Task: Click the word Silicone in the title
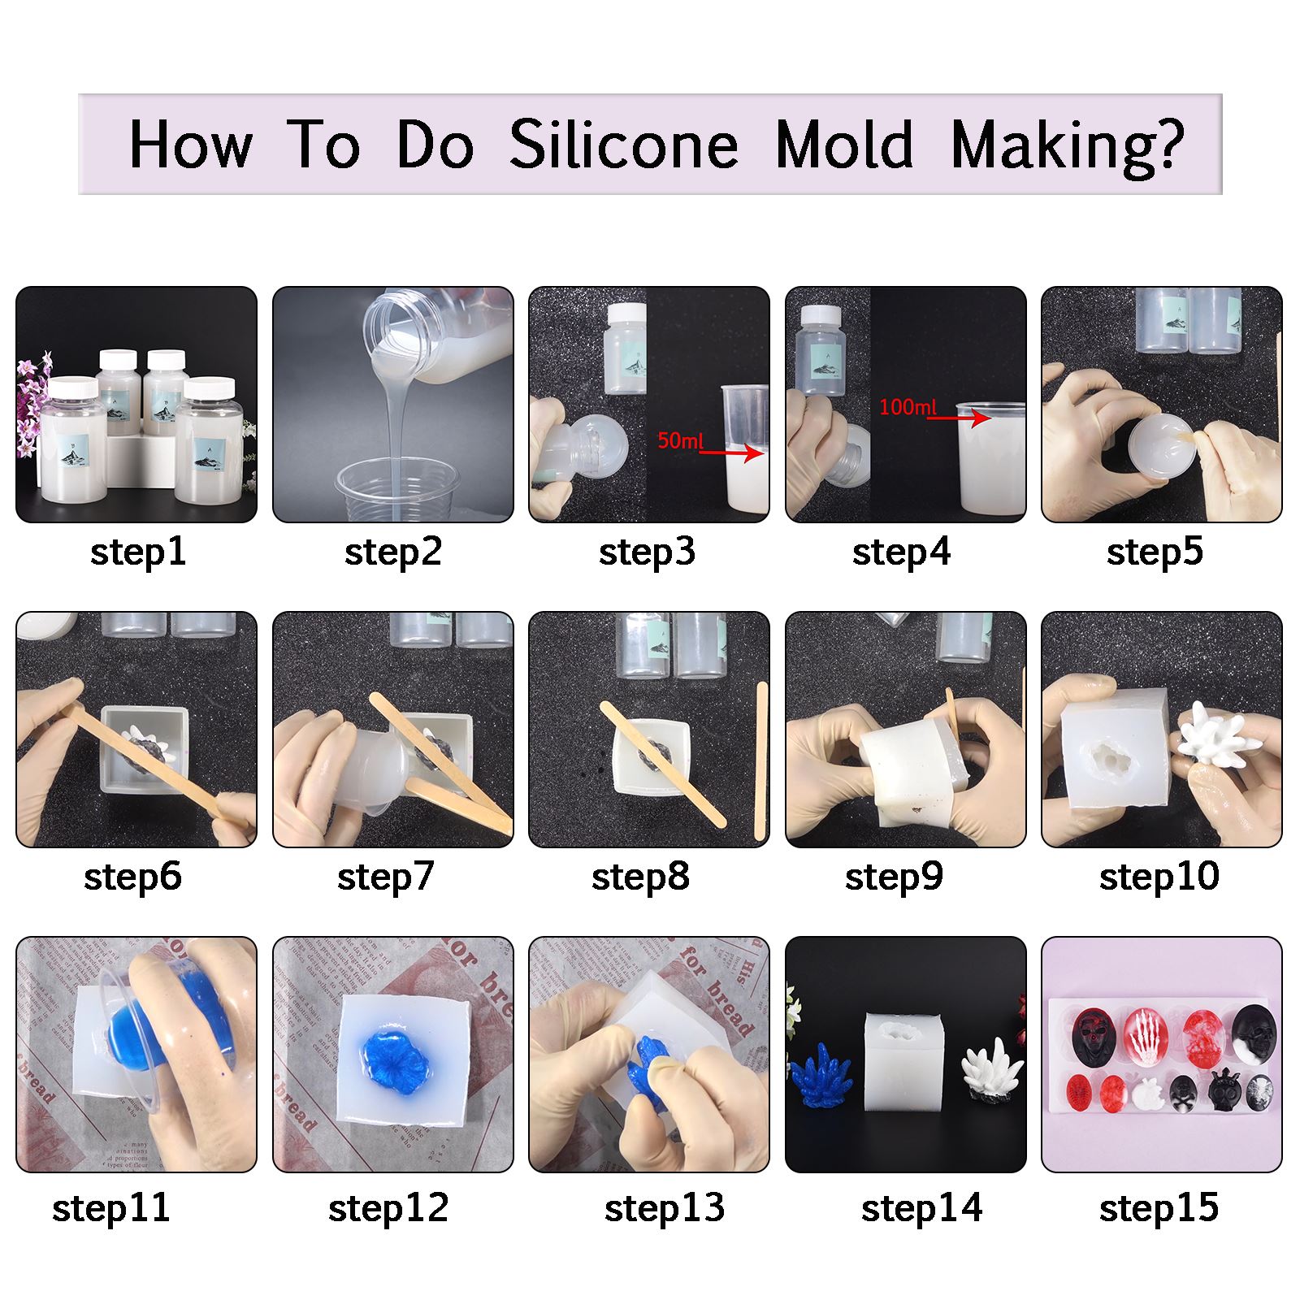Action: (623, 145)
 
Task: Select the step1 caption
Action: (138, 552)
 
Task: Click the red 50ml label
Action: (679, 440)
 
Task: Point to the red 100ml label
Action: (908, 407)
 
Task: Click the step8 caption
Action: (640, 877)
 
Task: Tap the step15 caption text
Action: (1159, 1208)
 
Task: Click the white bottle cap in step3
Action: (626, 314)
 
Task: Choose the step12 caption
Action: (388, 1208)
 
